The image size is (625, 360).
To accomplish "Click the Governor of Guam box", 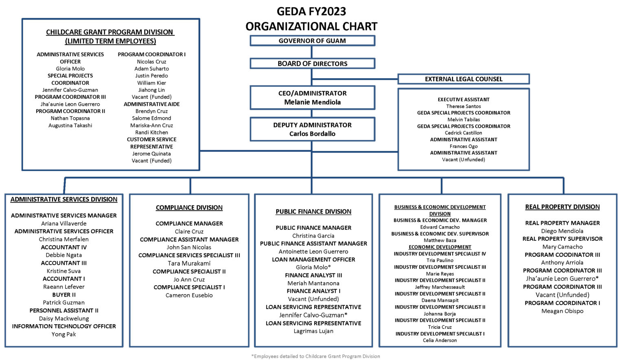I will pyautogui.click(x=312, y=41).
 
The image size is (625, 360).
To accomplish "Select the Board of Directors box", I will pyautogui.click(x=312, y=63).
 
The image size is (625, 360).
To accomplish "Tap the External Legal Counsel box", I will pyautogui.click(x=463, y=79).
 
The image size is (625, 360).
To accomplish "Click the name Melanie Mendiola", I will pyautogui.click(x=312, y=102).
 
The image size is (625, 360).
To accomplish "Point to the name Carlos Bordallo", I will pyautogui.click(x=312, y=133).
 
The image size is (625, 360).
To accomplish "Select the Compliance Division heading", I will pyautogui.click(x=189, y=207).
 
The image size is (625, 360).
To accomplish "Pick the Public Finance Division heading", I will pyautogui.click(x=313, y=212).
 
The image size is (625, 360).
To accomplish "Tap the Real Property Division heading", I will pyautogui.click(x=562, y=207).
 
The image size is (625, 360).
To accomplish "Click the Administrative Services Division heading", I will pyautogui.click(x=64, y=199).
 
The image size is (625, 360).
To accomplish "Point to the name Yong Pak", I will pyautogui.click(x=64, y=334).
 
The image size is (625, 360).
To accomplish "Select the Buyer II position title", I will pyautogui.click(x=64, y=295).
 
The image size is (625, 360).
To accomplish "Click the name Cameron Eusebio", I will pyautogui.click(x=189, y=295).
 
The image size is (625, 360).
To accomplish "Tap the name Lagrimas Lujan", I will pyautogui.click(x=313, y=331).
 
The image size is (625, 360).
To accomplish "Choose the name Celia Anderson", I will pyautogui.click(x=440, y=340).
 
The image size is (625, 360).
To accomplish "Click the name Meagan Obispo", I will pyautogui.click(x=562, y=311).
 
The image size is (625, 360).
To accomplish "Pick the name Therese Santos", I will pyautogui.click(x=463, y=106).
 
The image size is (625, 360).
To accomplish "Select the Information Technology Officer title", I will pyautogui.click(x=64, y=326).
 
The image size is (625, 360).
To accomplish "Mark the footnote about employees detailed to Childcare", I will pyautogui.click(x=316, y=356).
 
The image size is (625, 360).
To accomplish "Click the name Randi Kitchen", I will pyautogui.click(x=151, y=132).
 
